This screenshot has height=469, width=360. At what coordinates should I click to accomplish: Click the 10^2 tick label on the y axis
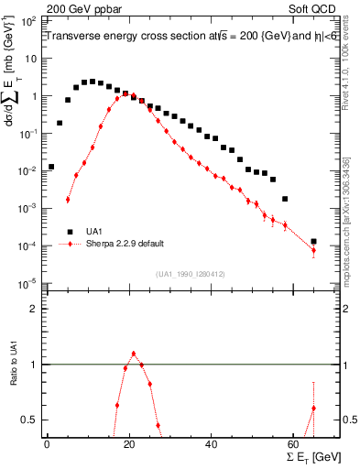click(27, 19)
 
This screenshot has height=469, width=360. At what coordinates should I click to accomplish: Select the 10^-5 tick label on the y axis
click(27, 283)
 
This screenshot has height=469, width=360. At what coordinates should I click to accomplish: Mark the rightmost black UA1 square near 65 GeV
click(313, 242)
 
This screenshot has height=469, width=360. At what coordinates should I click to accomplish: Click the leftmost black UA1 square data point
click(51, 167)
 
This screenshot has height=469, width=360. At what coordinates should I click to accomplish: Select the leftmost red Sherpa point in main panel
click(68, 199)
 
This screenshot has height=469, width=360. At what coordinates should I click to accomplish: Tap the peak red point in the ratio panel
click(134, 353)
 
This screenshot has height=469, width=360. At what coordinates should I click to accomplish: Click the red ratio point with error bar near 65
click(313, 409)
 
